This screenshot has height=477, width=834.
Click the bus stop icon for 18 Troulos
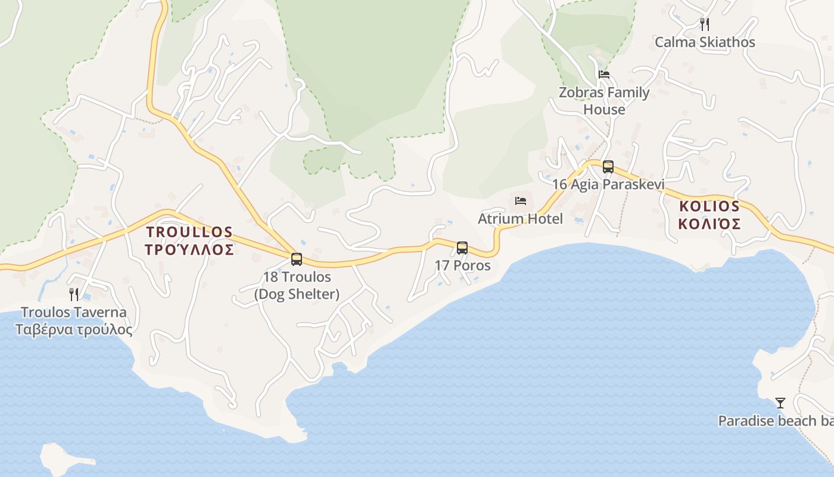tap(297, 259)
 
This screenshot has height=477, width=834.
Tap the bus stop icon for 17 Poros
tap(462, 248)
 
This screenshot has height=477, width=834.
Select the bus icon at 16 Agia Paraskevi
tap(608, 167)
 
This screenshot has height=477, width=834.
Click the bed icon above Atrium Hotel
tap(521, 201)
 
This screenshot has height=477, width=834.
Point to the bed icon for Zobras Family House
tap(604, 75)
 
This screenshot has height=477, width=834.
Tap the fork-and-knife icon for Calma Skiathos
tap(705, 24)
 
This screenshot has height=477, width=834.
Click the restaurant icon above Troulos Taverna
tap(74, 295)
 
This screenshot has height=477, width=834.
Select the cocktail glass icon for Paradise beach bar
tap(780, 404)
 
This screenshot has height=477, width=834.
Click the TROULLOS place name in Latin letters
tap(189, 231)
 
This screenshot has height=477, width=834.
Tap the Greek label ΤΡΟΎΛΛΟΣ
tap(189, 250)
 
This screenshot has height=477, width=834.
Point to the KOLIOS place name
tap(709, 206)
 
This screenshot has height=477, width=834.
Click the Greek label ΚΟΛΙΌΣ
tap(709, 224)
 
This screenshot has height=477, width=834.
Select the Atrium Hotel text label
tap(520, 219)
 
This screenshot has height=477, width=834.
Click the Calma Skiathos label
tap(705, 42)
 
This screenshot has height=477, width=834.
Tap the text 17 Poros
tap(463, 265)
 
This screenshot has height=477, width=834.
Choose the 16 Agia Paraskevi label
tap(608, 184)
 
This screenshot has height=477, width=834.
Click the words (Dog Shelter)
tap(297, 294)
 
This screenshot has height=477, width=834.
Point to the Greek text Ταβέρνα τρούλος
tap(74, 330)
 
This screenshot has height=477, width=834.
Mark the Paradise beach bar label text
tap(775, 421)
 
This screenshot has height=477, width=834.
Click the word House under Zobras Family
tap(604, 110)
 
